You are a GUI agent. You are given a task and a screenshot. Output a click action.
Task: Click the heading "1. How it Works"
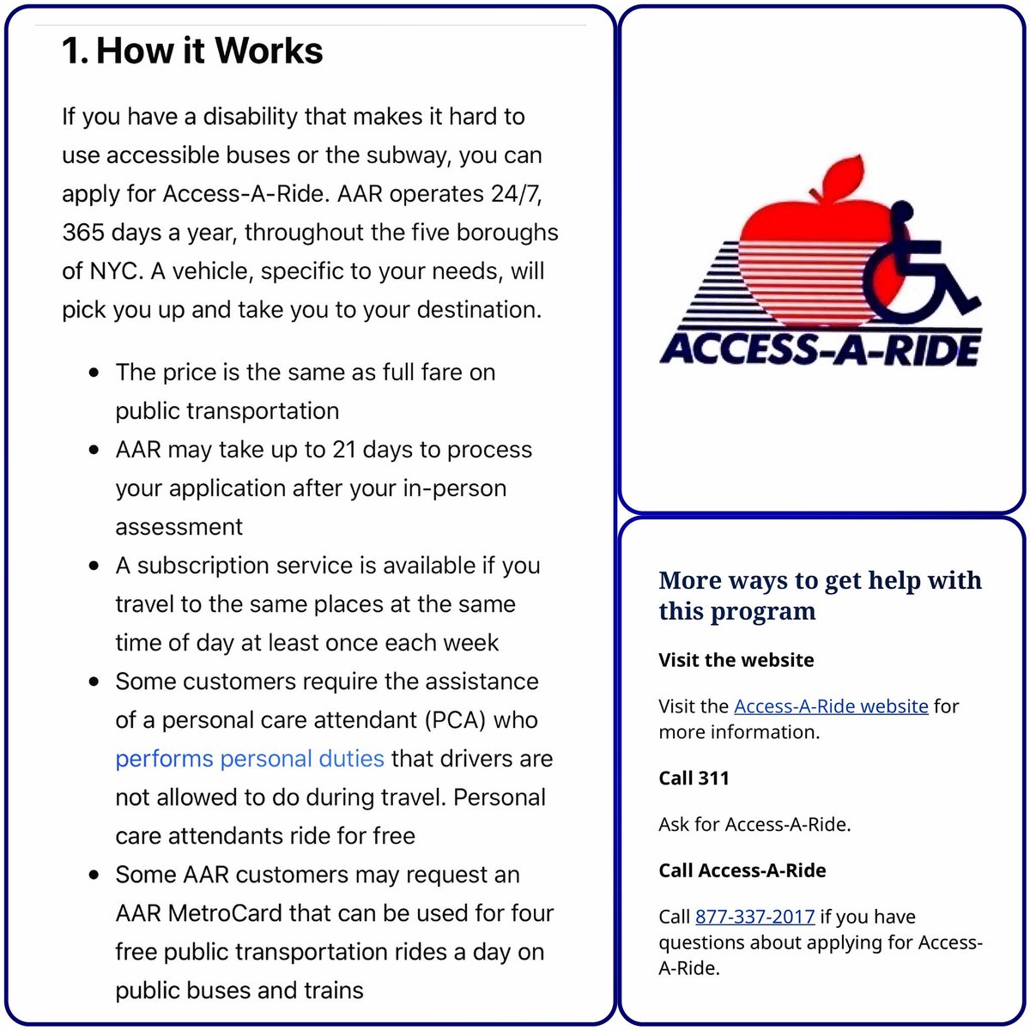pyautogui.click(x=192, y=51)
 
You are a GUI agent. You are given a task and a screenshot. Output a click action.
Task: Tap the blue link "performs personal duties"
pyautogui.click(x=249, y=759)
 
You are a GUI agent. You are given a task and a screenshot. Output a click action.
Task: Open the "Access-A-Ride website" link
pyautogui.click(x=831, y=706)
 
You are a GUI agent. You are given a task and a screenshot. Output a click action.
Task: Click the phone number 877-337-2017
pyautogui.click(x=754, y=917)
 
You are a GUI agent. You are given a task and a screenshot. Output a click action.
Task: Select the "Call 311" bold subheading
pyautogui.click(x=694, y=779)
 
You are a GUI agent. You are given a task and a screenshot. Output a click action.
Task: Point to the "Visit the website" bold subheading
pyautogui.click(x=736, y=660)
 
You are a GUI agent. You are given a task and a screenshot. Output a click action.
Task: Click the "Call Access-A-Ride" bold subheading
pyautogui.click(x=742, y=870)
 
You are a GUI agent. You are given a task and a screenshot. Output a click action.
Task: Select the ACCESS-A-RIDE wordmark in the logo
pyautogui.click(x=820, y=350)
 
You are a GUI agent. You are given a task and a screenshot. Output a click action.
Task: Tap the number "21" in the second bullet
pyautogui.click(x=343, y=450)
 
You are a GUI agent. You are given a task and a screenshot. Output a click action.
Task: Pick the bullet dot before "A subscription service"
pyautogui.click(x=95, y=566)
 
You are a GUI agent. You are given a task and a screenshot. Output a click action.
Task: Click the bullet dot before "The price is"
pyautogui.click(x=95, y=373)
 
